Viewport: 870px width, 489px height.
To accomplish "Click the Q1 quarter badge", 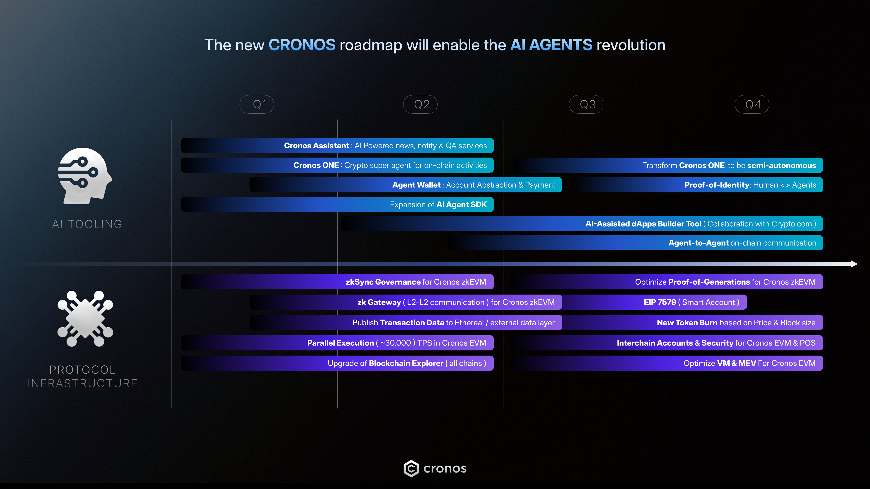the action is click(257, 104).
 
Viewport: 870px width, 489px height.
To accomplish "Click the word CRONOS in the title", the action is click(302, 45).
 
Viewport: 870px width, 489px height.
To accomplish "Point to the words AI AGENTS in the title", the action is click(551, 45).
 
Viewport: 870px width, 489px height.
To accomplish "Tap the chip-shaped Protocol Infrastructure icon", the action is click(85, 319).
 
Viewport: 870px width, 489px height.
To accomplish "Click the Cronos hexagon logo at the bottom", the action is click(411, 468).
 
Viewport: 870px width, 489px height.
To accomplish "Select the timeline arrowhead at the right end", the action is click(854, 264).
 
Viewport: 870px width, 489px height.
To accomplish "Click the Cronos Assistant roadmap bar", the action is click(337, 145).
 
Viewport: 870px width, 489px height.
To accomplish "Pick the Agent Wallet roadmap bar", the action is click(406, 185).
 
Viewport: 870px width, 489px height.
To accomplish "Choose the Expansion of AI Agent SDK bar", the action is click(337, 204).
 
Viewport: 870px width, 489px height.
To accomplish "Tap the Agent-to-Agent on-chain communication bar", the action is click(635, 243).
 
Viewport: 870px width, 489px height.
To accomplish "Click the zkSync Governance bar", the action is click(337, 282).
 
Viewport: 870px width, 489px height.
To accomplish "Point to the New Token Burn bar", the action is click(692, 323).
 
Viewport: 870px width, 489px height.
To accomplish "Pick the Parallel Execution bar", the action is click(337, 343).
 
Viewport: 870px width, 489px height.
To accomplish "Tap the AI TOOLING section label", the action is click(87, 224).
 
